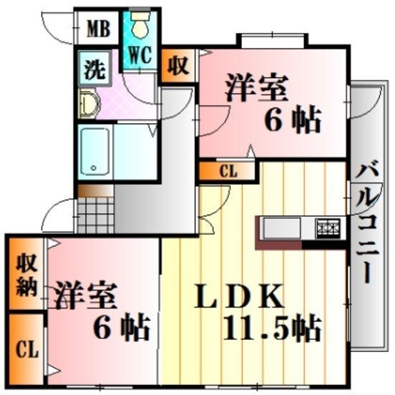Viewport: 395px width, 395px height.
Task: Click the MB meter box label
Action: (x=99, y=29)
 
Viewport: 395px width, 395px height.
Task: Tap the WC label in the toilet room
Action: (x=140, y=54)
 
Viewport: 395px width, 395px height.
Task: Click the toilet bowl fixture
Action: (x=140, y=25)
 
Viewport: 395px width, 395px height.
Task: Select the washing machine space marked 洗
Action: (x=94, y=68)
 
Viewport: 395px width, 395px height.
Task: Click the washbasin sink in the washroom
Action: (x=89, y=103)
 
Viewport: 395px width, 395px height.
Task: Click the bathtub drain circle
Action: (x=94, y=167)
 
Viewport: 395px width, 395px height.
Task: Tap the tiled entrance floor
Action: (x=96, y=215)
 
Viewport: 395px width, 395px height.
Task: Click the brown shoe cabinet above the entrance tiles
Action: (x=95, y=191)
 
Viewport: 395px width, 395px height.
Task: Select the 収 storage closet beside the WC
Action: (x=178, y=66)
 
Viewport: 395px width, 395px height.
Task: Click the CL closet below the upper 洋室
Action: (x=228, y=171)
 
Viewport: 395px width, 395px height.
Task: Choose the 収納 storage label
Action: (x=26, y=276)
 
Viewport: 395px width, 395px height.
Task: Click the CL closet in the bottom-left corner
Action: (x=27, y=349)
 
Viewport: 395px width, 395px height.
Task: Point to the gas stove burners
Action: (x=328, y=228)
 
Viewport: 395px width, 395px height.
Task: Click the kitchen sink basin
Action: (x=282, y=228)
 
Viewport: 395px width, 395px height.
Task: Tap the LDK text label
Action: (x=239, y=296)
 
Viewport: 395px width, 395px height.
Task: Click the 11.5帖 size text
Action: (x=273, y=328)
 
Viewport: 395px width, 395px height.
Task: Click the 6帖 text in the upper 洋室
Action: (x=292, y=120)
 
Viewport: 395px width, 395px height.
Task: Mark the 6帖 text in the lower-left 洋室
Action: (x=122, y=327)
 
